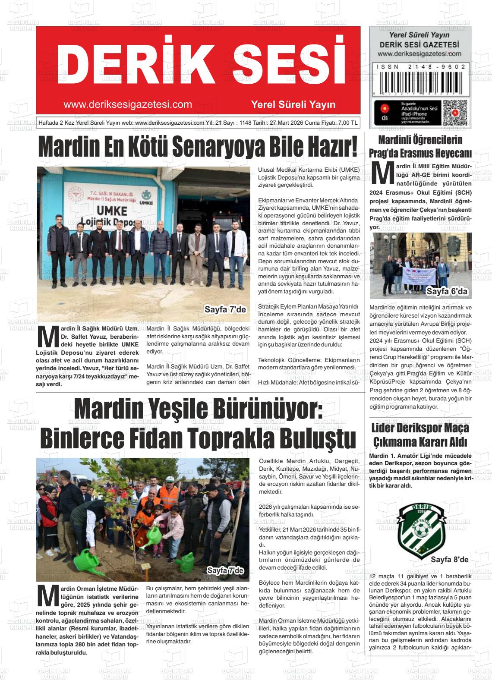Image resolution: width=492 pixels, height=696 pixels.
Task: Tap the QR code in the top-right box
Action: pyautogui.click(x=455, y=113)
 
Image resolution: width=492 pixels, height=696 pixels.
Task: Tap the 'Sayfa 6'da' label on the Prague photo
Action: pyautogui.click(x=447, y=292)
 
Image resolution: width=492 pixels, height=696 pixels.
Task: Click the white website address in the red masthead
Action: pyautogui.click(x=127, y=105)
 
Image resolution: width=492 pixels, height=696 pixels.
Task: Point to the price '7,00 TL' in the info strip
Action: pyautogui.click(x=347, y=123)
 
